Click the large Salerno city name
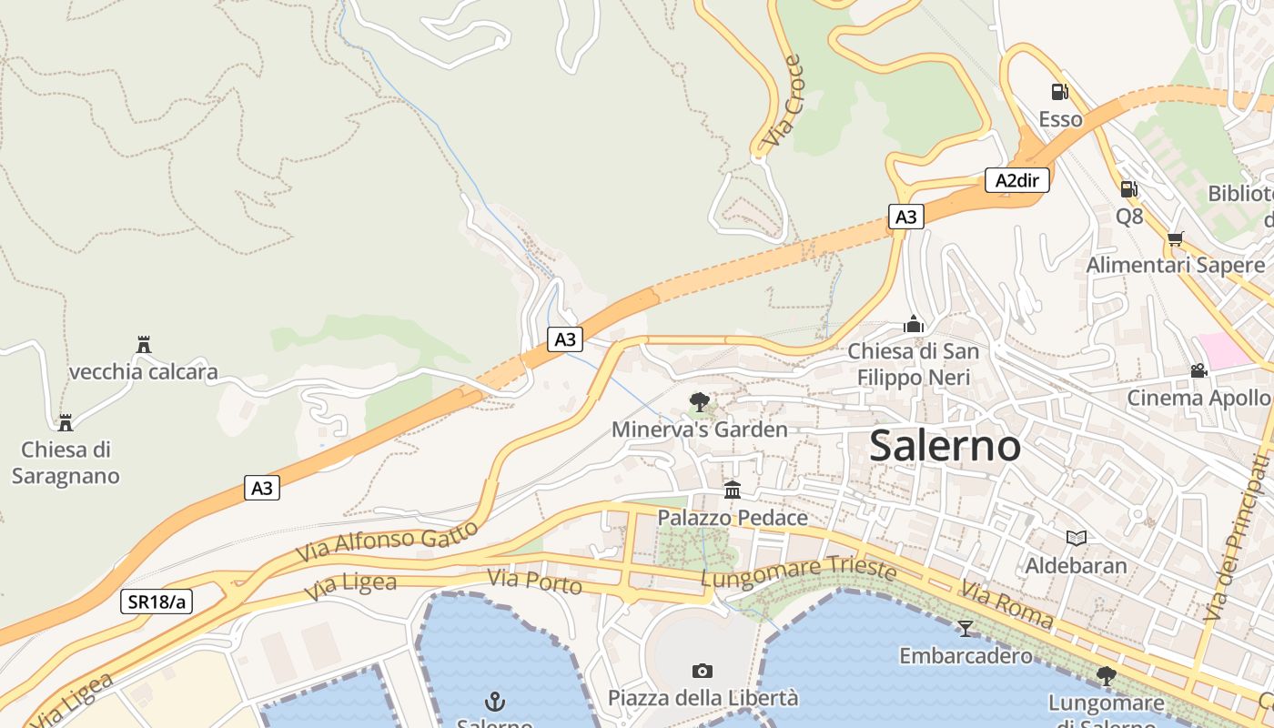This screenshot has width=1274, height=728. click(945, 446)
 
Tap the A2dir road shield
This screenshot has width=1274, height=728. click(1016, 180)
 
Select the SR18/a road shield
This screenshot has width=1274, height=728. click(157, 602)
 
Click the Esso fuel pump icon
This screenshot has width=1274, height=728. click(1060, 91)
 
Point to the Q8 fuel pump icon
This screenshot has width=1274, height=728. click(1129, 189)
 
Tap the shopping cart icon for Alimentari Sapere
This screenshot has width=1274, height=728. click(1175, 238)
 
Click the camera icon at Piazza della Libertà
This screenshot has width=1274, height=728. click(702, 671)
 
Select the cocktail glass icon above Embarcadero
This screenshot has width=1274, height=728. click(965, 628)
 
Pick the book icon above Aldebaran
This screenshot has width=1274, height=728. click(1076, 538)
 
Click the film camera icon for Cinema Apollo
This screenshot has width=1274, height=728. click(1198, 370)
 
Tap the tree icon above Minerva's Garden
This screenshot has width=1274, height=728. click(699, 401)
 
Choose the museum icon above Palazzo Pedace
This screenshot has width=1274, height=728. click(733, 490)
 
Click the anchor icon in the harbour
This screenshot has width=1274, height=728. click(494, 701)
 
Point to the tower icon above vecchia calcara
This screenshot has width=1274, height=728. click(143, 344)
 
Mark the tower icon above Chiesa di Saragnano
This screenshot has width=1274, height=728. click(65, 422)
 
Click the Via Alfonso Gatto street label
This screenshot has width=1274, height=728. click(387, 542)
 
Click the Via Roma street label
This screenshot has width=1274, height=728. click(1006, 608)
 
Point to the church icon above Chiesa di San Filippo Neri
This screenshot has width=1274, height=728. click(913, 324)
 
